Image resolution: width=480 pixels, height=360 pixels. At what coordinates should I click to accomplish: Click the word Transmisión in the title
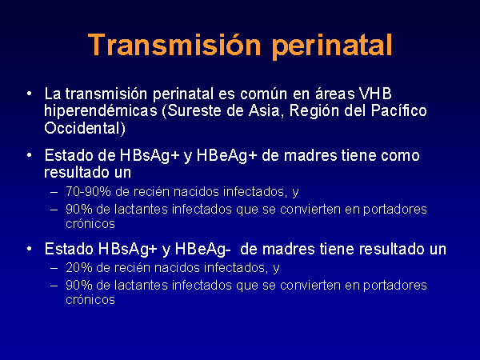click(174, 45)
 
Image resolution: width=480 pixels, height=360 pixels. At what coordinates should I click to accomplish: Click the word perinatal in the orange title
click(332, 46)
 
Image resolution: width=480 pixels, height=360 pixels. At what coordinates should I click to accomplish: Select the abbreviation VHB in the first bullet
click(375, 94)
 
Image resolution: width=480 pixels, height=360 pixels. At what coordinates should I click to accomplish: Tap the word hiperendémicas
click(101, 111)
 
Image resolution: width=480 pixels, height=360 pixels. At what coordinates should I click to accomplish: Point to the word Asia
click(265, 110)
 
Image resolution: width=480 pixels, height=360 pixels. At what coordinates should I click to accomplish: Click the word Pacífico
click(399, 110)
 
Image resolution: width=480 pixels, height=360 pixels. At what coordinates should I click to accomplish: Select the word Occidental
click(85, 128)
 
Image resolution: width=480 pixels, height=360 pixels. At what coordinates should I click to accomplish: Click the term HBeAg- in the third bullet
click(202, 249)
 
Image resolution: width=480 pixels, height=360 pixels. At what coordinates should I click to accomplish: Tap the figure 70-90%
click(88, 192)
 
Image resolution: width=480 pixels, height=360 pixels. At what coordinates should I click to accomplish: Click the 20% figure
click(78, 267)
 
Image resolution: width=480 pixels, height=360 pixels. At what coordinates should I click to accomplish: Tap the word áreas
click(335, 94)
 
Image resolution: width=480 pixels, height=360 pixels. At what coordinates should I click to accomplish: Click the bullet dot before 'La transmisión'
click(29, 94)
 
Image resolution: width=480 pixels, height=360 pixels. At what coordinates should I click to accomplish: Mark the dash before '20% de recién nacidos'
click(54, 268)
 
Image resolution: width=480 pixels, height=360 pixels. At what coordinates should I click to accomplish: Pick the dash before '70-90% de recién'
click(54, 192)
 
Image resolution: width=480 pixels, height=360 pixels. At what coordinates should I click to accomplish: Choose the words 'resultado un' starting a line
click(87, 172)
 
